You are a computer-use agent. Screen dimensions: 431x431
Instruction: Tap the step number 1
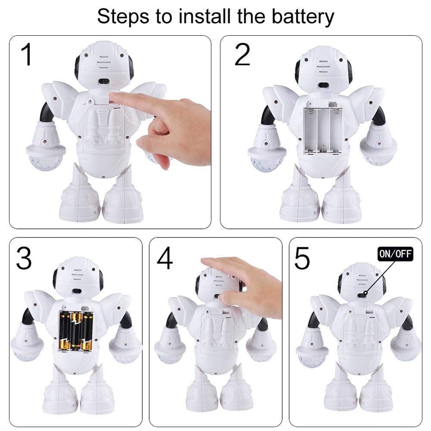click(x=27, y=55)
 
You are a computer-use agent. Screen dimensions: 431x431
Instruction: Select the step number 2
click(x=242, y=55)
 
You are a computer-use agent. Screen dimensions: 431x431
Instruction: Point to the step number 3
click(x=24, y=258)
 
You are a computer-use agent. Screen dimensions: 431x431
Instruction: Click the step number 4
click(x=165, y=258)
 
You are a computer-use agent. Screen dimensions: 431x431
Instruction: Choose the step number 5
click(x=302, y=258)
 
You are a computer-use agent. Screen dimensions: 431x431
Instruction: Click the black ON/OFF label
click(x=395, y=254)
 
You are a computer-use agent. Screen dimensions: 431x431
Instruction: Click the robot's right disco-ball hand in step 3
click(x=125, y=347)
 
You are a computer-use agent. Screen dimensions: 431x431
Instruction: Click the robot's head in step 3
click(x=78, y=278)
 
